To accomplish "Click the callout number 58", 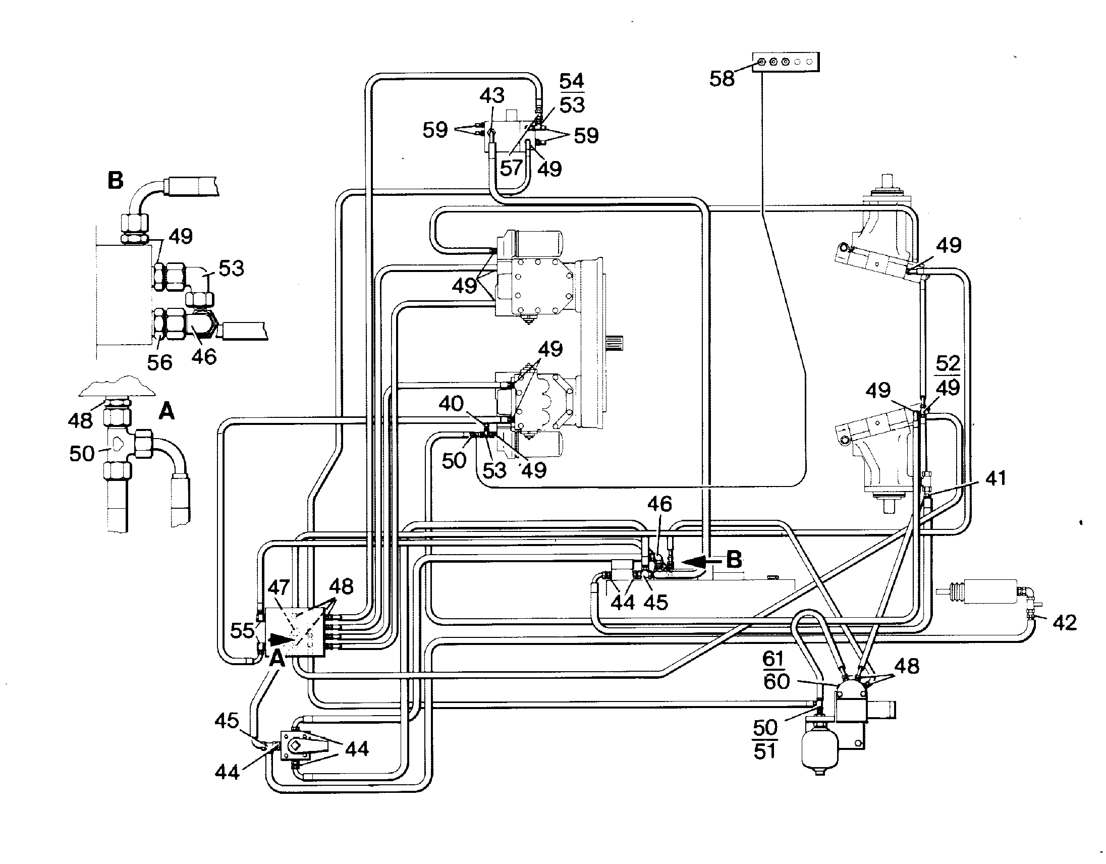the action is (x=722, y=79).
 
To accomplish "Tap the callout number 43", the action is (x=492, y=95).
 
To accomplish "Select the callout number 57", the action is (x=511, y=168).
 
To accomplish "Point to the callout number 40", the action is (x=451, y=404).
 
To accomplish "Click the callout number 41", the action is (x=996, y=478).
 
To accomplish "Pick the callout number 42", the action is (x=1065, y=622).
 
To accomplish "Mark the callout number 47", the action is (x=278, y=587).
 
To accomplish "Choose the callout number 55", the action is (x=242, y=630).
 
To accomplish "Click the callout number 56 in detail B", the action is (x=159, y=362).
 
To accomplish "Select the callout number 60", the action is (x=777, y=682).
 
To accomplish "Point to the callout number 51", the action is (x=765, y=751).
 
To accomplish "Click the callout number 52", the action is (x=948, y=363).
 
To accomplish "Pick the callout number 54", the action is (x=572, y=81).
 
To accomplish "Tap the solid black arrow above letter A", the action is (x=281, y=639).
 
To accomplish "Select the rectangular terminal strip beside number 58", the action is (x=786, y=62).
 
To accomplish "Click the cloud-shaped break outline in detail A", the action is (x=117, y=387).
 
